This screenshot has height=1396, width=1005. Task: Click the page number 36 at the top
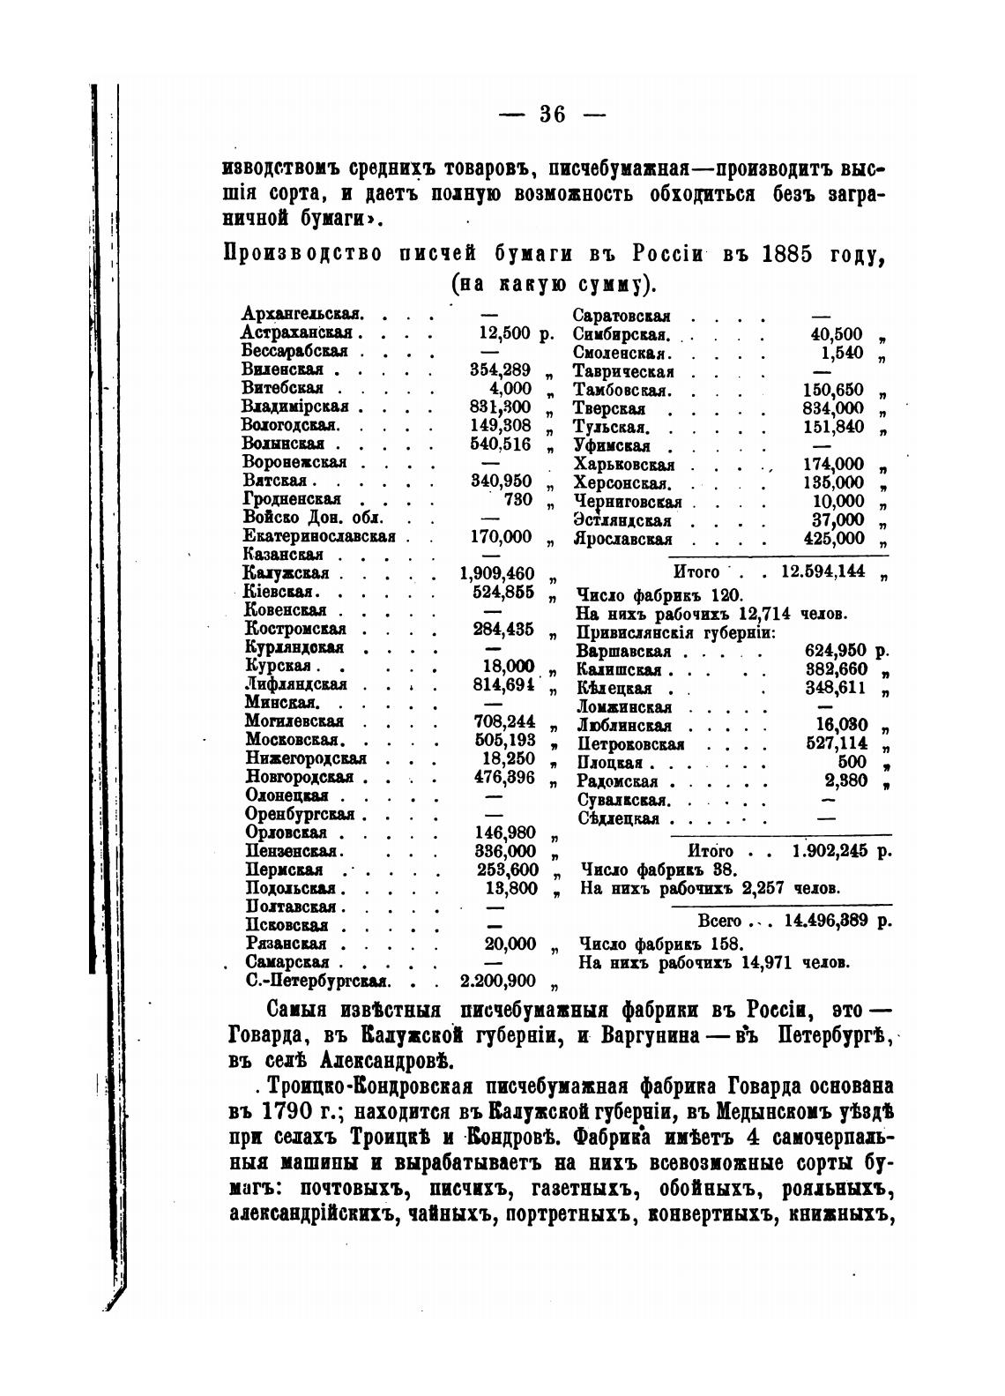click(552, 114)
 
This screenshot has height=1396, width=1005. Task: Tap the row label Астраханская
click(297, 332)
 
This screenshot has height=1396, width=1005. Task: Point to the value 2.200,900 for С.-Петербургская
click(498, 981)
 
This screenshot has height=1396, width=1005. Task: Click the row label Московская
click(294, 740)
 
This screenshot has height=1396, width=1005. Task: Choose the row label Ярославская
click(623, 539)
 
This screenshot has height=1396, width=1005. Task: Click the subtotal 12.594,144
click(823, 571)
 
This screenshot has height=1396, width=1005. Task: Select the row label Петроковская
click(630, 744)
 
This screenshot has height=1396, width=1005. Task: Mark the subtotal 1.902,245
click(830, 850)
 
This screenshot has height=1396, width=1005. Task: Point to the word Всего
click(719, 921)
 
